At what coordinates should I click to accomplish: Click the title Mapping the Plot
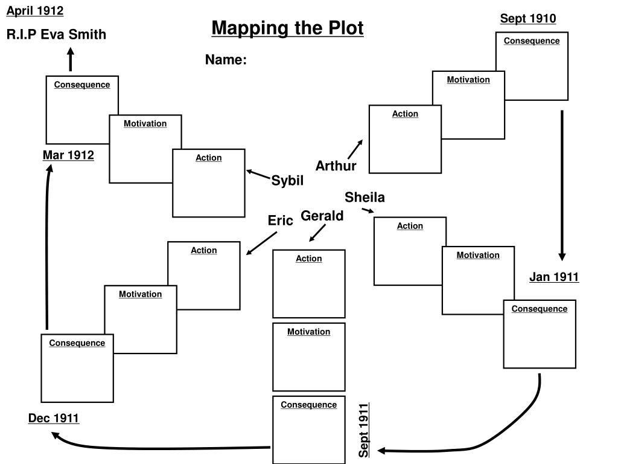pos(287,28)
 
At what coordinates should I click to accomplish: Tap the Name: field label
pos(226,60)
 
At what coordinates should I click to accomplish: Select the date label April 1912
pos(35,10)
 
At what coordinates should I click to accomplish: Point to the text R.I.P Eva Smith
pos(56,34)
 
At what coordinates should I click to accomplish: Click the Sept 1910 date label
pos(527,18)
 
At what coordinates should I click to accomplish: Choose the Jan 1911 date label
pos(554,277)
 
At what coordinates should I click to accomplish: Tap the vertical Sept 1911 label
pos(364,430)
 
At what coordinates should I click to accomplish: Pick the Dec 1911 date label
pos(54,418)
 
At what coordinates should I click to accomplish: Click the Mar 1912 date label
pos(68,155)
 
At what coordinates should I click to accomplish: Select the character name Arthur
pos(336,166)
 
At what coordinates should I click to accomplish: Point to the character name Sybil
pos(287,181)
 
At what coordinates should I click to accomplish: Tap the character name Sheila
pos(365,198)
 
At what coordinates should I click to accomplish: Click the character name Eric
pos(281,221)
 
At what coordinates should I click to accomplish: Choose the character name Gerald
pos(322,216)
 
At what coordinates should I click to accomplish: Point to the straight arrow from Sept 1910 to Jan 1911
pos(562,184)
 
